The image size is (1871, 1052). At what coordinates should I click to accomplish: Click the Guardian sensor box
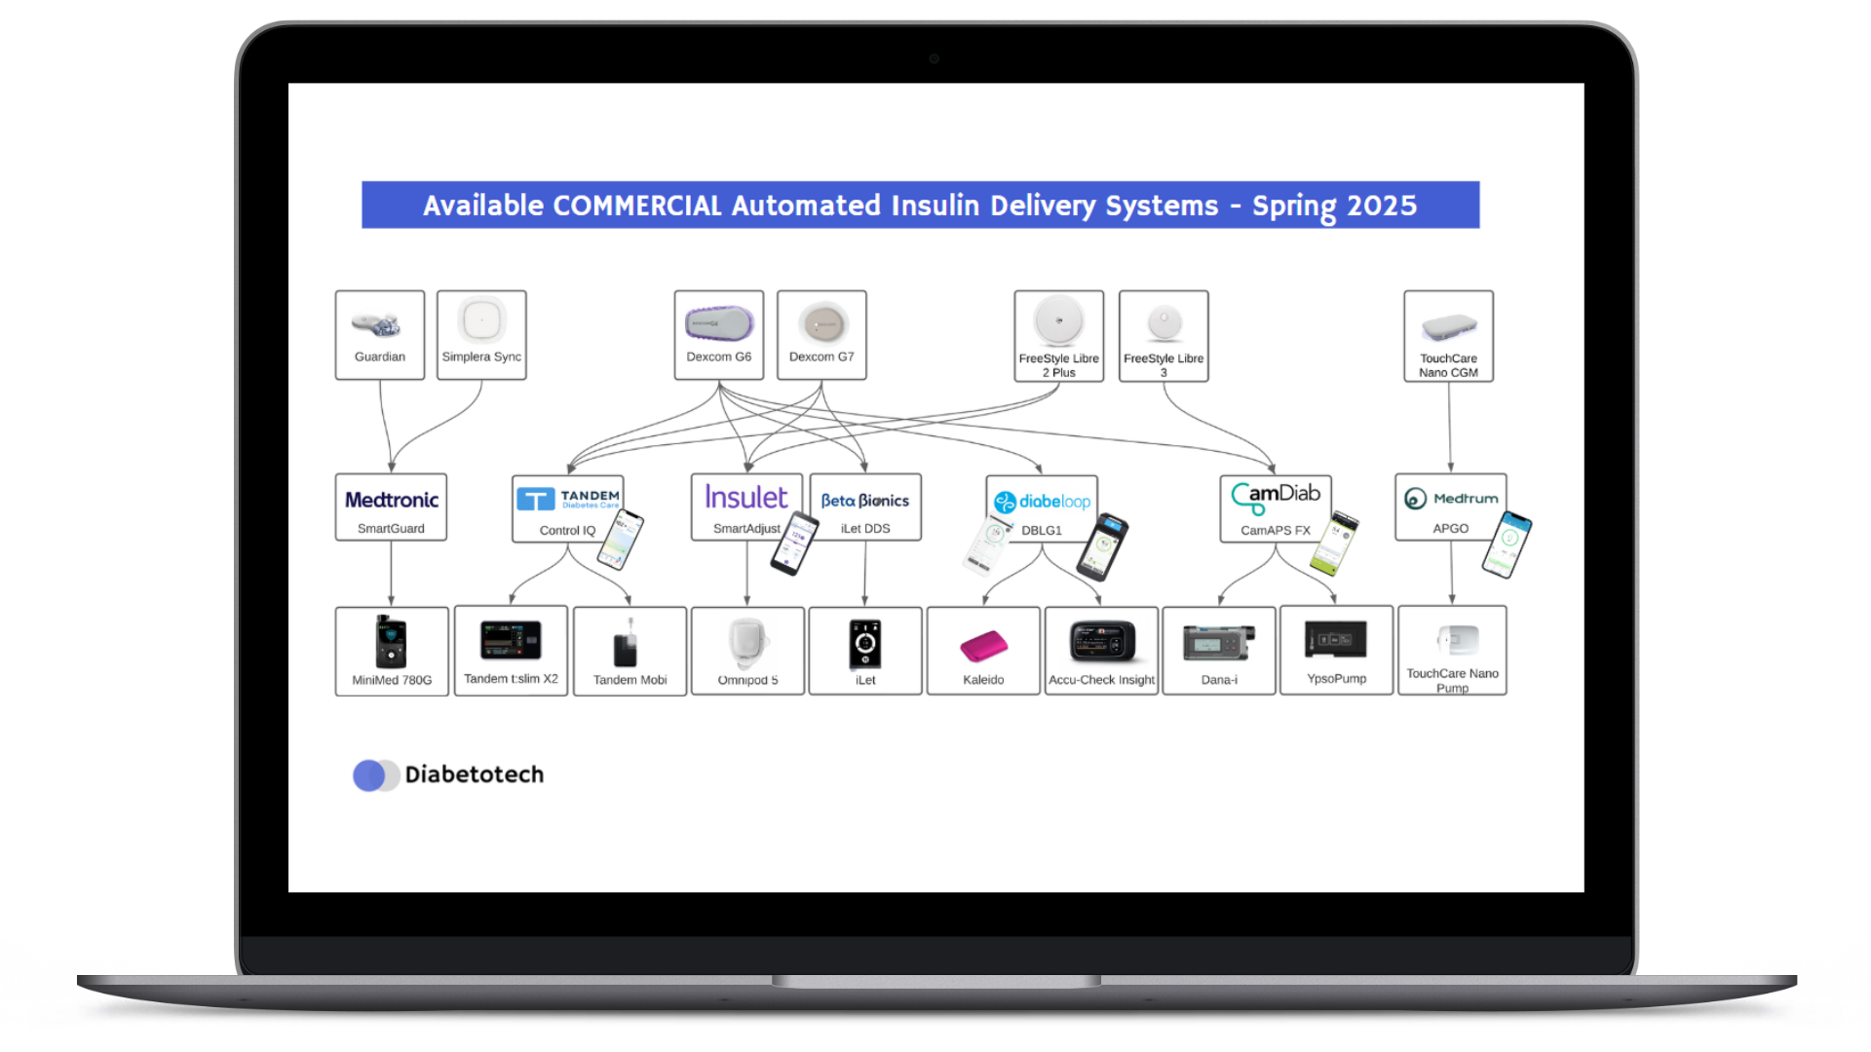380,335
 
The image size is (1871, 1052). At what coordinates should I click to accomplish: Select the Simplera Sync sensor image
481,319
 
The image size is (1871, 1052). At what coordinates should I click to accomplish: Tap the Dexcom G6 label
718,357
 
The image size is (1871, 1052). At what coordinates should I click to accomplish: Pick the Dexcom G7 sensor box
821,335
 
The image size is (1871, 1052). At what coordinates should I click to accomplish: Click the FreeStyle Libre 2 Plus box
1058,336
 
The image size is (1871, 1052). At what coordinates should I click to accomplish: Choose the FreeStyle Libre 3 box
1164,336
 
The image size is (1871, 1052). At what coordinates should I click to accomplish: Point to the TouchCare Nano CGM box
1448,336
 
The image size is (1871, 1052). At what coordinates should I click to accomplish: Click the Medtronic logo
392,500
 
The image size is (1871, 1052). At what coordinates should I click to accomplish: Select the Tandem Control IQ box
567,508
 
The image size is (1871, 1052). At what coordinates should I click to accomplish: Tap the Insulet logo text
746,498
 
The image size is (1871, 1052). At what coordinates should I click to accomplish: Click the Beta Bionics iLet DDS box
865,507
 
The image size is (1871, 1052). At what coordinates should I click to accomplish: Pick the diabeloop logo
1042,502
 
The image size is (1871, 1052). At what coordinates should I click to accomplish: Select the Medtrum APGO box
1450,507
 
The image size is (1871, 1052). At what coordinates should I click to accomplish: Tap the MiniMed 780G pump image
391,642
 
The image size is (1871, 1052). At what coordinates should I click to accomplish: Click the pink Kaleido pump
983,645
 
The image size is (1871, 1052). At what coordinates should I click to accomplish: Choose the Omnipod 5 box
747,651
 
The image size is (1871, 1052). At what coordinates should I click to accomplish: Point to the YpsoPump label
1336,679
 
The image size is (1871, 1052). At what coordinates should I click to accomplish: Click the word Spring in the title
1293,207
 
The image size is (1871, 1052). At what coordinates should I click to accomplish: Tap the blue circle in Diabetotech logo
369,775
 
